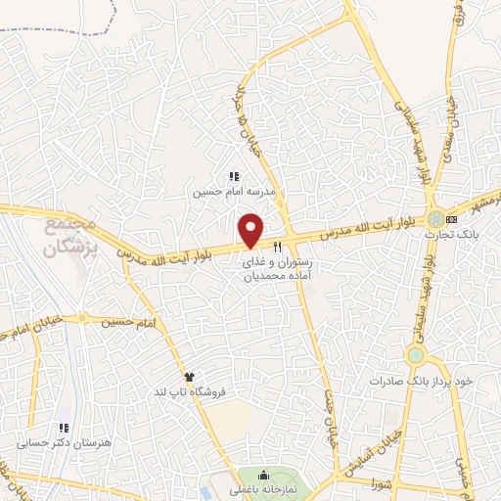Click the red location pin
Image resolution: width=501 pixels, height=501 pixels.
pyautogui.click(x=252, y=231)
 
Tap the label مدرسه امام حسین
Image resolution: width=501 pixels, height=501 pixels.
pyautogui.click(x=234, y=192)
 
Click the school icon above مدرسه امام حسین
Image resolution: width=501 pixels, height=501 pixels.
pyautogui.click(x=234, y=177)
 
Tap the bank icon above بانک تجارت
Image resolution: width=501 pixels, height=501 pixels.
pyautogui.click(x=451, y=217)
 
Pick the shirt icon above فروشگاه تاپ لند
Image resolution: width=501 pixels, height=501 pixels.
pyautogui.click(x=189, y=377)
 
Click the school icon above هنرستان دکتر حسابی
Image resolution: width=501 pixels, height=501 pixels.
pyautogui.click(x=64, y=428)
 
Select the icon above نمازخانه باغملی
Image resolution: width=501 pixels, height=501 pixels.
pyautogui.click(x=260, y=475)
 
